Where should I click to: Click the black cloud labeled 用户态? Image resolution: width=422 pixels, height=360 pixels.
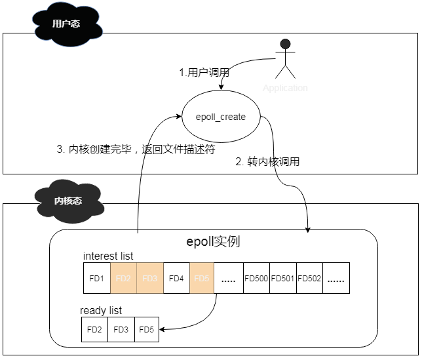(x=66, y=24)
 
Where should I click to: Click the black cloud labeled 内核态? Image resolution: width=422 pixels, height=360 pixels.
(x=68, y=201)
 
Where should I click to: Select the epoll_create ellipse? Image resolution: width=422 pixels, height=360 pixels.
(x=221, y=117)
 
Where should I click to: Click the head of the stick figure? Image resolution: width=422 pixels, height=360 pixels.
(x=285, y=45)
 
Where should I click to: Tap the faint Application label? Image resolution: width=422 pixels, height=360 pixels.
(x=285, y=88)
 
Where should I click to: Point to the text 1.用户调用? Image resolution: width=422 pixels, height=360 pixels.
(x=204, y=73)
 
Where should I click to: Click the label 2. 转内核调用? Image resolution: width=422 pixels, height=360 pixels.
(x=267, y=161)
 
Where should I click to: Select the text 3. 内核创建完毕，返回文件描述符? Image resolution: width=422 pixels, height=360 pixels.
(x=136, y=149)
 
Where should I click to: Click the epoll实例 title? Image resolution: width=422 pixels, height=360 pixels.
(x=214, y=241)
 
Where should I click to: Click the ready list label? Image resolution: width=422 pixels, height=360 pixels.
(x=101, y=310)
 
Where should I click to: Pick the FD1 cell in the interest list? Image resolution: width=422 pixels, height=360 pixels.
(x=97, y=278)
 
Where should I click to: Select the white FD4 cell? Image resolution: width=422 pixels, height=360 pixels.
(x=176, y=278)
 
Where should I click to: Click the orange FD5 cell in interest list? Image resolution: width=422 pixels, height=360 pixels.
(x=202, y=278)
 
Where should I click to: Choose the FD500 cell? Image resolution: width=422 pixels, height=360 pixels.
(x=256, y=278)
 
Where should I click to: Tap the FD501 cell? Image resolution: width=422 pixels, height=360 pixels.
(x=283, y=278)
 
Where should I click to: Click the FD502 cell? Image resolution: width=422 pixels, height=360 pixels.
(x=309, y=278)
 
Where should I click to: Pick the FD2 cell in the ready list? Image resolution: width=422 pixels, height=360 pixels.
(x=94, y=329)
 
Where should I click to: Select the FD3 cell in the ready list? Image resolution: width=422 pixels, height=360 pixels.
(x=121, y=329)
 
